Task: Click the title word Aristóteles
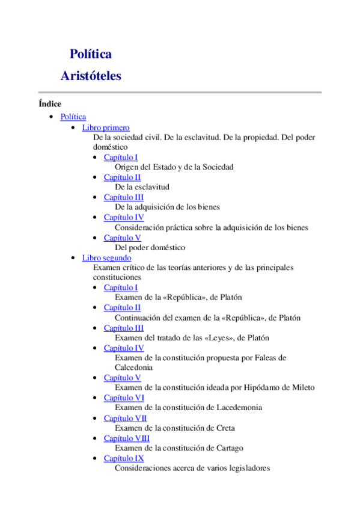click(91, 76)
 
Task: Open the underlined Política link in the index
click(73, 117)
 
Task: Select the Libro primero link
click(106, 127)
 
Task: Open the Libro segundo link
click(106, 257)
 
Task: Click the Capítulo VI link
click(124, 398)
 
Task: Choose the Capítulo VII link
click(125, 418)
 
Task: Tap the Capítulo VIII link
click(127, 438)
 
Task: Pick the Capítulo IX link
click(124, 458)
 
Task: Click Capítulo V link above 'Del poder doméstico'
click(122, 238)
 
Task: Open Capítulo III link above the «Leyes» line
click(124, 328)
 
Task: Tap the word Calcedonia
click(133, 367)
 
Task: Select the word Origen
click(127, 167)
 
